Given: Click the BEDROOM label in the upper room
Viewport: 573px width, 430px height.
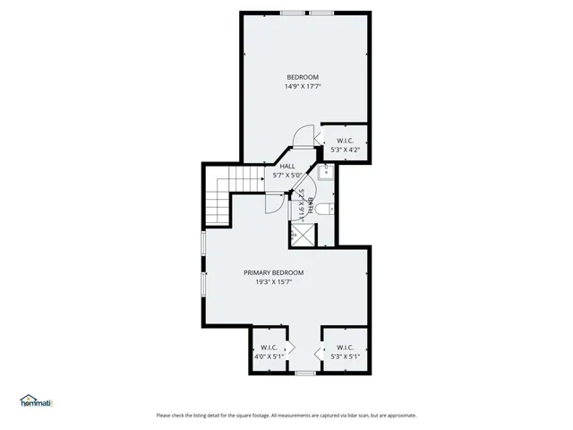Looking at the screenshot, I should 303,76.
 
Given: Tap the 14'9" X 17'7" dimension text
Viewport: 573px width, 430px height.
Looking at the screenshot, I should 303,87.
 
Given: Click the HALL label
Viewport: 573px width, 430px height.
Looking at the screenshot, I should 287,166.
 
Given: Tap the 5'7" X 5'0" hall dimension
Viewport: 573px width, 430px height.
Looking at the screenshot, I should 287,176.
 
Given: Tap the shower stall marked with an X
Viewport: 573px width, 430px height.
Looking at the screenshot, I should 302,235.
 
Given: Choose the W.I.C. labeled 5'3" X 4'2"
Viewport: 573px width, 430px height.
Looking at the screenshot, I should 346,145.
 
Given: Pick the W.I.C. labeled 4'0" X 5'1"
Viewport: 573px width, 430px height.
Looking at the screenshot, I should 269,352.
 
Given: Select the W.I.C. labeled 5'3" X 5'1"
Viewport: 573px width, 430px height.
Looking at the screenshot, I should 346,352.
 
